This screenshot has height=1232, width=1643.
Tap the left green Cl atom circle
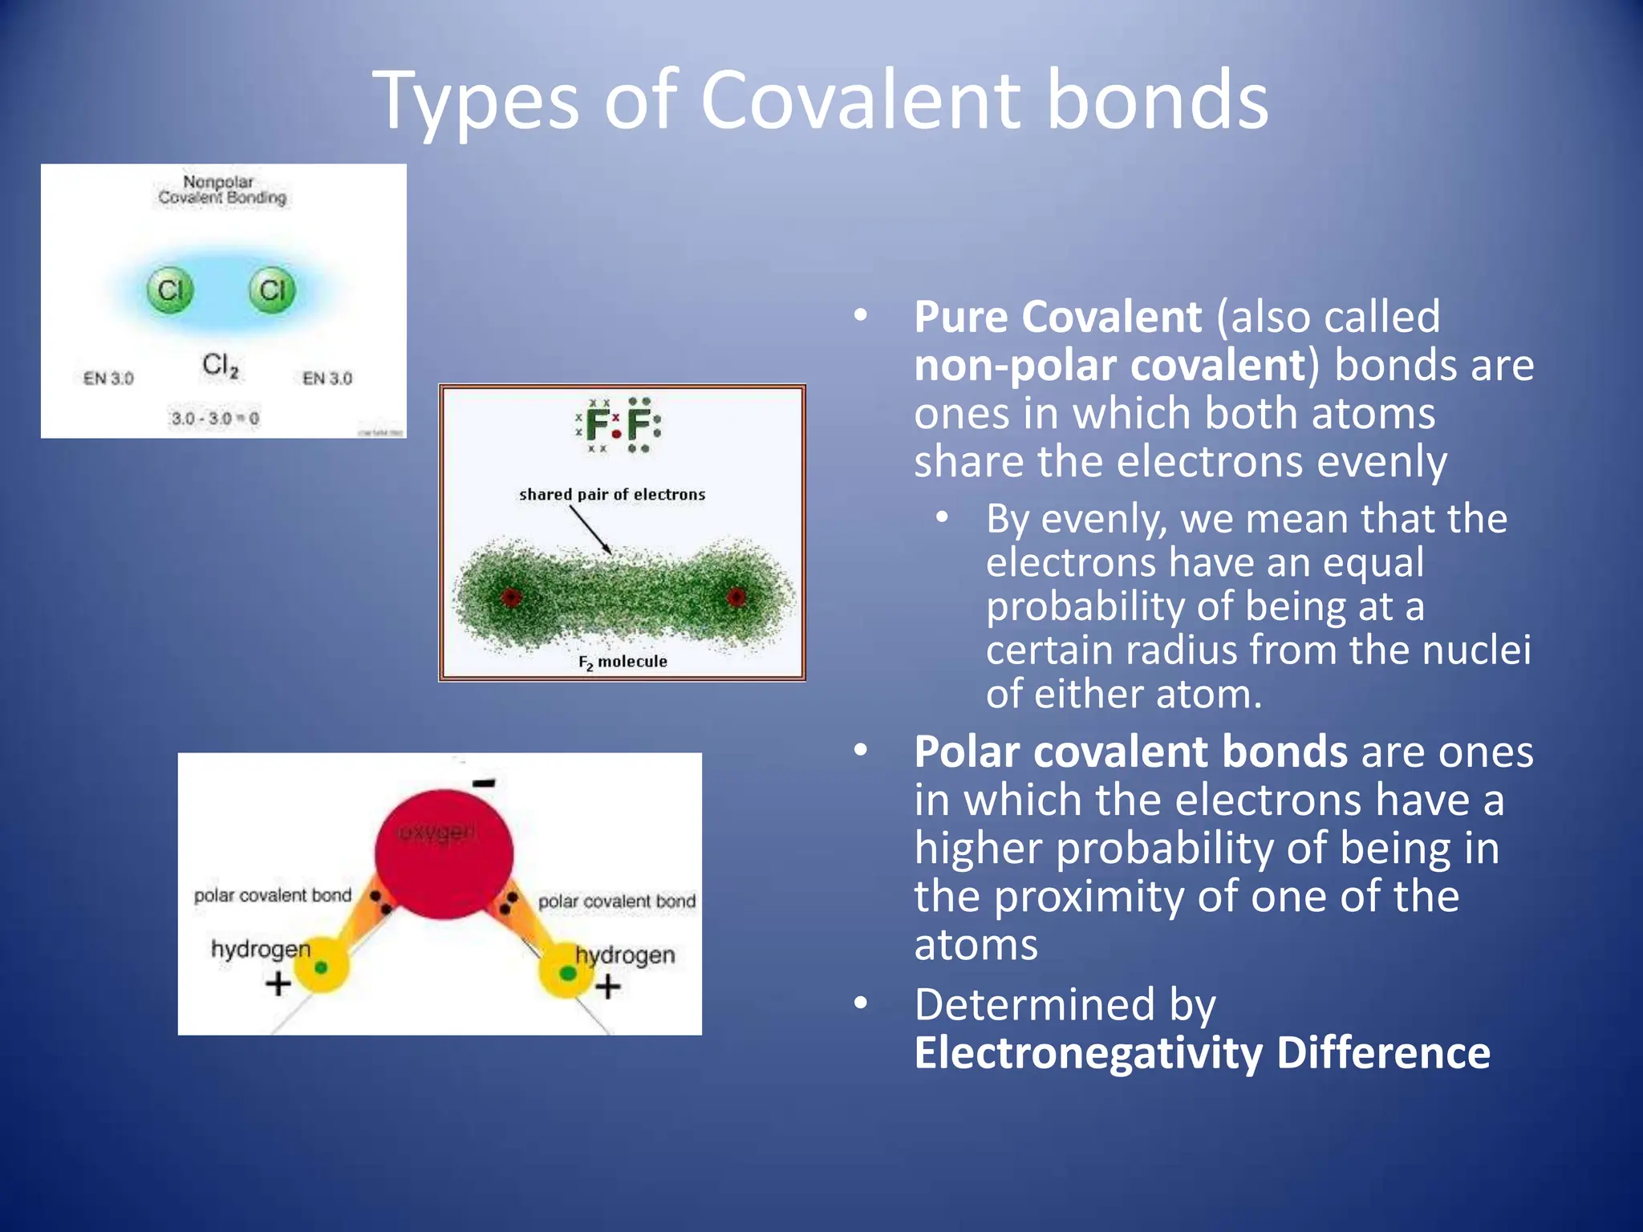coord(169,290)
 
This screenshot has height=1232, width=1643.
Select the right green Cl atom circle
coord(272,290)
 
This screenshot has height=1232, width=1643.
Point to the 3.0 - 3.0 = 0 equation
coord(215,418)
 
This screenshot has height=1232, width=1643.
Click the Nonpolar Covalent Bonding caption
coord(221,190)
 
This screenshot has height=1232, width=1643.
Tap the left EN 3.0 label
coord(108,378)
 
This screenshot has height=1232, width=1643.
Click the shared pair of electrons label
coord(612,494)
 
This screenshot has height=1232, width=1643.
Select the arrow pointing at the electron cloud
coord(591,530)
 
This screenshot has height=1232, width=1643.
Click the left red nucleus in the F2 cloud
coord(511,597)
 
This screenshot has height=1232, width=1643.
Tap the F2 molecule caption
coord(623,662)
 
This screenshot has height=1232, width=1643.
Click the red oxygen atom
coord(444,853)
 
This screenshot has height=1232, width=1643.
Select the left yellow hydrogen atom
coord(321,967)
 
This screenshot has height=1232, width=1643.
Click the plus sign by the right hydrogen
coord(608,986)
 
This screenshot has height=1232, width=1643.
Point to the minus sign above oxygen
coord(484,782)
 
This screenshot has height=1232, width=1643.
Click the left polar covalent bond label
coord(273,895)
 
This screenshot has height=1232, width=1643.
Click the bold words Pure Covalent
coord(1057,317)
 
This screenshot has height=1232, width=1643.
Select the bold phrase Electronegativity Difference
coord(1202,1053)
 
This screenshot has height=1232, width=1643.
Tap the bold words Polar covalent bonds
coord(1130,752)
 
